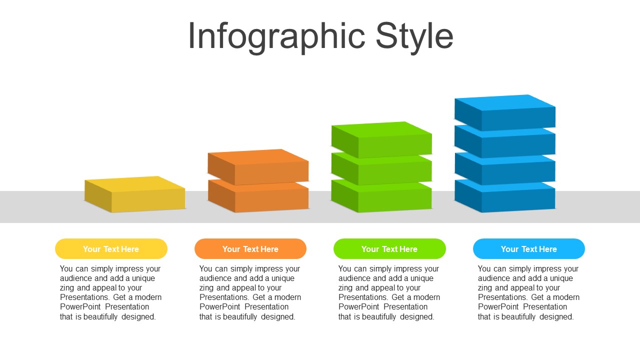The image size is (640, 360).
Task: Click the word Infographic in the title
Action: (276, 37)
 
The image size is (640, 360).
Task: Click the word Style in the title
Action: (414, 37)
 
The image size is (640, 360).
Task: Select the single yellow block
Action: (135, 194)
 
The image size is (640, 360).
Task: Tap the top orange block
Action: (258, 167)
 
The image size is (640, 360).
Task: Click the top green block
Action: (381, 139)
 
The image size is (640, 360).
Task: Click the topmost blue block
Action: (505, 112)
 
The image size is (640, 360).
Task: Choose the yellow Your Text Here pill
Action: (111, 249)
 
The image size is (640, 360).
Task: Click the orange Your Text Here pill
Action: (250, 249)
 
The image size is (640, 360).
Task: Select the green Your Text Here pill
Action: (389, 249)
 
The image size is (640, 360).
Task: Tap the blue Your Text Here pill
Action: (529, 249)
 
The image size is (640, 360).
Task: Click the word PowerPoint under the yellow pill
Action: (80, 307)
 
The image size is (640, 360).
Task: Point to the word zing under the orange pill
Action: (207, 288)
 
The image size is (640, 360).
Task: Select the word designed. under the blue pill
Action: (556, 316)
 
